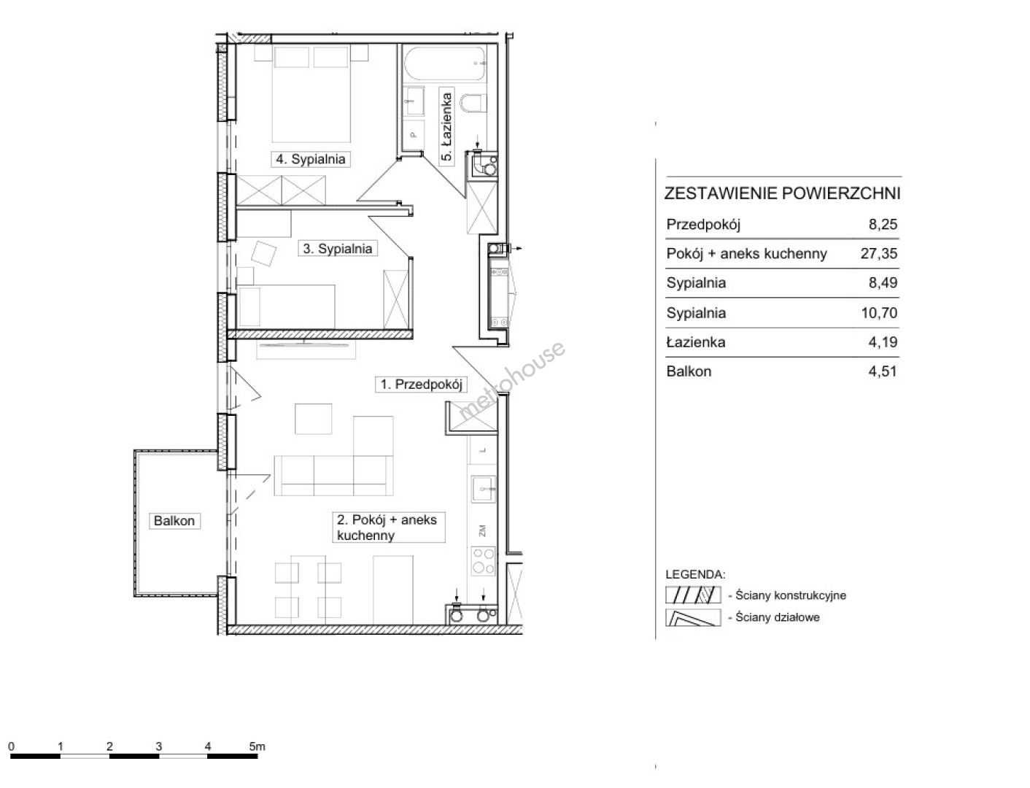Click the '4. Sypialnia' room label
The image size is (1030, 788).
pyautogui.click(x=310, y=159)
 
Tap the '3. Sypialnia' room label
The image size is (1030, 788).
pyautogui.click(x=338, y=248)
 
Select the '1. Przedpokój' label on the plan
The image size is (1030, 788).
pyautogui.click(x=421, y=385)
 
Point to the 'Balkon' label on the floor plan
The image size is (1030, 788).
pyautogui.click(x=174, y=520)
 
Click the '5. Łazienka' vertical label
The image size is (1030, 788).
pyautogui.click(x=446, y=126)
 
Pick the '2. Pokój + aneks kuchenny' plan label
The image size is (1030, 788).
pyautogui.click(x=387, y=527)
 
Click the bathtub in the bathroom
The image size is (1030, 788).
pyautogui.click(x=445, y=63)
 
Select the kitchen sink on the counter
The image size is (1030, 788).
pyautogui.click(x=483, y=490)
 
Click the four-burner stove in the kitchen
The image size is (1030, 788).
pyautogui.click(x=483, y=561)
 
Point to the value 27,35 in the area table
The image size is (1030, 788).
pyautogui.click(x=878, y=253)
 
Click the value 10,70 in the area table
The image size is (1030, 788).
pyautogui.click(x=879, y=312)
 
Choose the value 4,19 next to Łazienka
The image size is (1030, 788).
pyautogui.click(x=883, y=341)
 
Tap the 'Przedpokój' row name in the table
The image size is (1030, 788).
pyautogui.click(x=703, y=224)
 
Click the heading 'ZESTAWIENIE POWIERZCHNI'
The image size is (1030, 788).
pyautogui.click(x=782, y=193)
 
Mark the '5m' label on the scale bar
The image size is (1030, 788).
pyautogui.click(x=257, y=746)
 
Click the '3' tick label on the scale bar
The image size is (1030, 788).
pyautogui.click(x=158, y=746)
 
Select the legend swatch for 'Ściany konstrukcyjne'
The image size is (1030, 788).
pyautogui.click(x=692, y=595)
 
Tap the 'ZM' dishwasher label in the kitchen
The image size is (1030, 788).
pyautogui.click(x=482, y=531)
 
